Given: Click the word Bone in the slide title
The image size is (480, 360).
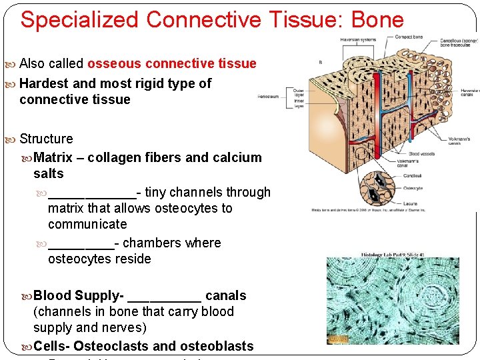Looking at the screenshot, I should coord(379,19).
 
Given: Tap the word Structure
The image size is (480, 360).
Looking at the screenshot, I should coord(46,139).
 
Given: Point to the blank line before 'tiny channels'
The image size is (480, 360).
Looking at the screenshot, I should coord(91,193).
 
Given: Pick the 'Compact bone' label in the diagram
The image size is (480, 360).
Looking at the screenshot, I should coord(409,37).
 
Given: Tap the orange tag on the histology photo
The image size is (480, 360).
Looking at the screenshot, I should coord(338,339).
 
